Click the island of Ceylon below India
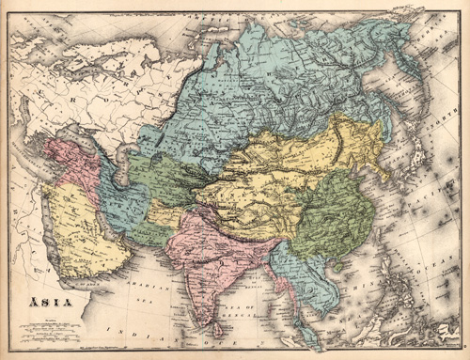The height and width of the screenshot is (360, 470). pos(220,328)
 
